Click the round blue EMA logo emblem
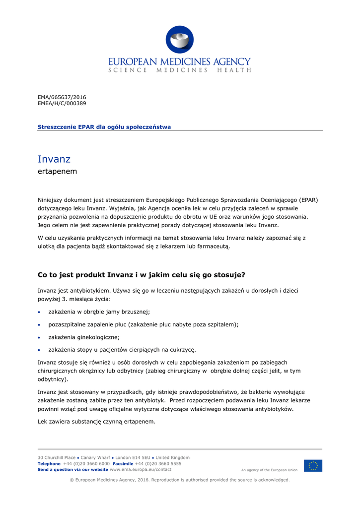[180, 40]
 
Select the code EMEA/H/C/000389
[62, 104]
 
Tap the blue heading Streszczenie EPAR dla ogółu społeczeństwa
[104, 127]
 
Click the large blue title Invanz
[54, 159]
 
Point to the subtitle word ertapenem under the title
[57, 172]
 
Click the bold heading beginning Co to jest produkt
[142, 274]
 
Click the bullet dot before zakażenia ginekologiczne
[40, 338]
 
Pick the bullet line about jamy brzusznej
[99, 312]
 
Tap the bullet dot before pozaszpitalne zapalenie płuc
[40, 325]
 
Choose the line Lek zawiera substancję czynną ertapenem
[97, 422]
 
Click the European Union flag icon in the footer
[313, 466]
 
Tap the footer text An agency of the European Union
[269, 470]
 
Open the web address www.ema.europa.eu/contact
[141, 469]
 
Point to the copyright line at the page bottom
[180, 480]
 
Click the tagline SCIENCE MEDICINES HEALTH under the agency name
[180, 70]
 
